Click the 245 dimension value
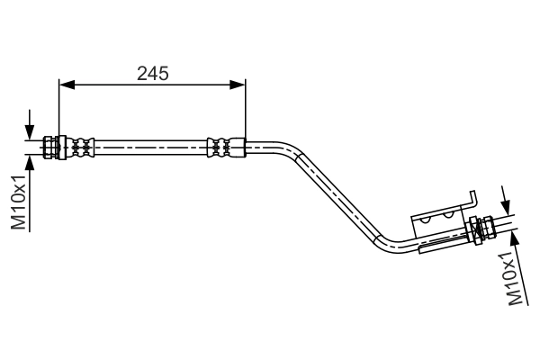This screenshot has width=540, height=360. click(152, 73)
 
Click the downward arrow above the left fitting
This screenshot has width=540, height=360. click(31, 127)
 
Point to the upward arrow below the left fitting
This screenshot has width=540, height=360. click(31, 163)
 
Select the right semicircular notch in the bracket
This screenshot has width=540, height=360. click(447, 217)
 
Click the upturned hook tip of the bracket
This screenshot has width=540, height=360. click(472, 196)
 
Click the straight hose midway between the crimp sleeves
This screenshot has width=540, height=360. click(150, 145)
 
